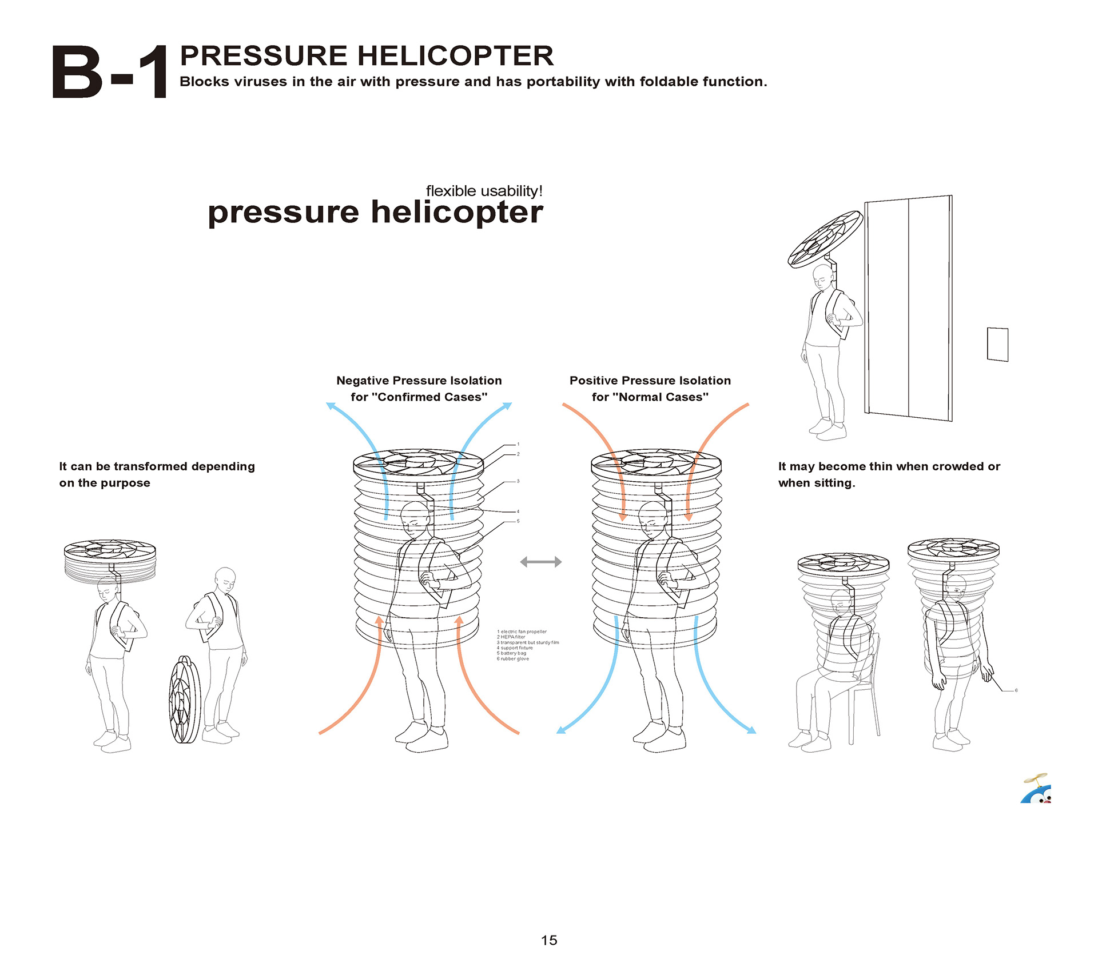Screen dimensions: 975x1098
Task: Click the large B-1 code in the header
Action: [x=110, y=73]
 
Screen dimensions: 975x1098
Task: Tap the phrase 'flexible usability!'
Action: [x=484, y=191]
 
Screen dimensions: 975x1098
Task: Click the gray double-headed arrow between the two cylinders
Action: [x=540, y=562]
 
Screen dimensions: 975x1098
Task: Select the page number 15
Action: [x=548, y=940]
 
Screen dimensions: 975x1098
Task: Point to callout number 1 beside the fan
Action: [x=518, y=444]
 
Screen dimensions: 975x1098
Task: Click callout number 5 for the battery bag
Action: [x=518, y=521]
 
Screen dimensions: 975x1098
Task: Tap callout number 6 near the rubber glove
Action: [x=1016, y=690]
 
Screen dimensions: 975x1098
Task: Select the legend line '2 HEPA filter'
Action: [x=511, y=637]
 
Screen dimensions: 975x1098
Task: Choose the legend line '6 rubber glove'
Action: [x=513, y=659]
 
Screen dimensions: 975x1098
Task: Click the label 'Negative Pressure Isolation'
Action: [x=419, y=381]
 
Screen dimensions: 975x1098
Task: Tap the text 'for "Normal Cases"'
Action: [x=650, y=397]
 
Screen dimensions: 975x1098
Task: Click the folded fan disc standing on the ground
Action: [x=185, y=700]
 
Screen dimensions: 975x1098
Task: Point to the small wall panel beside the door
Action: [x=997, y=344]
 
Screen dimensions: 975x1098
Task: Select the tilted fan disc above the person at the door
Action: [x=825, y=239]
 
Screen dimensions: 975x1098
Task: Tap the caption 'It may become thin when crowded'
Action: [x=889, y=466]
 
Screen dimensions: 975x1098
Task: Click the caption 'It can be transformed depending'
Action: [x=157, y=466]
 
